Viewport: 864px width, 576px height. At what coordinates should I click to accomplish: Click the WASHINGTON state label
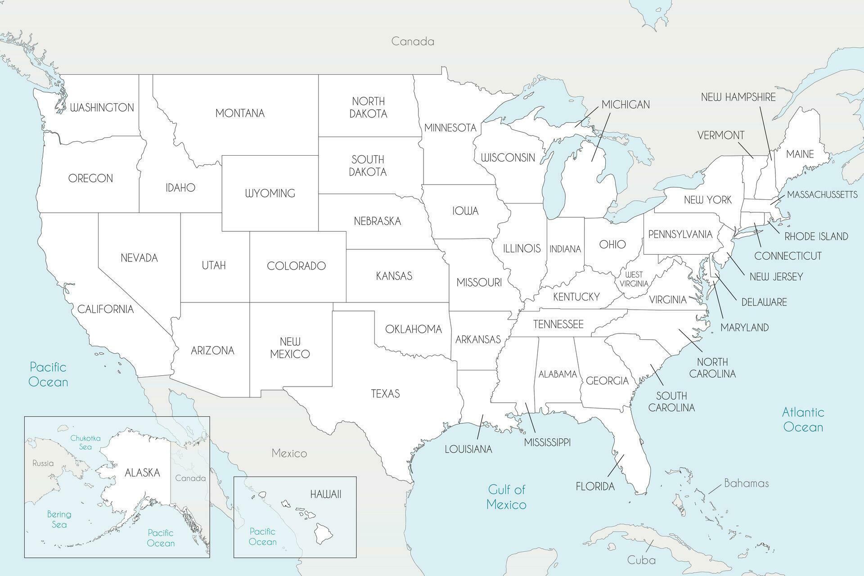pyautogui.click(x=102, y=108)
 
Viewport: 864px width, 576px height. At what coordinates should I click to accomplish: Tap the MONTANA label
pyautogui.click(x=240, y=113)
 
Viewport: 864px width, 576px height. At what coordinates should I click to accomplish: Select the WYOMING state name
pyautogui.click(x=270, y=193)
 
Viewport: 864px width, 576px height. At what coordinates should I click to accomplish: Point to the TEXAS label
pyautogui.click(x=385, y=394)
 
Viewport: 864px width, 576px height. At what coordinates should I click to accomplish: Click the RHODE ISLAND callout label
pyautogui.click(x=816, y=236)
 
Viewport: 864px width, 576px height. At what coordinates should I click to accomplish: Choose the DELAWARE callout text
pyautogui.click(x=764, y=302)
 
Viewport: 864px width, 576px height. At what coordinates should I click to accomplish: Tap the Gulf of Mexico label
pyautogui.click(x=507, y=497)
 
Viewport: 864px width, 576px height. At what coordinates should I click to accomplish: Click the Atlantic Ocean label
pyautogui.click(x=803, y=419)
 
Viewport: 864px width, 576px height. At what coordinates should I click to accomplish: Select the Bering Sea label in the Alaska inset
pyautogui.click(x=59, y=519)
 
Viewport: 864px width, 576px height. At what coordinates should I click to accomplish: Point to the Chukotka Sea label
pyautogui.click(x=85, y=442)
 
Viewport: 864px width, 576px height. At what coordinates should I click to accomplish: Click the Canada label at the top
pyautogui.click(x=413, y=41)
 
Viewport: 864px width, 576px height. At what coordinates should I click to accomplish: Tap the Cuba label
pyautogui.click(x=641, y=560)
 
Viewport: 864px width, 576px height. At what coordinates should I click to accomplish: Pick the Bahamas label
pyautogui.click(x=746, y=483)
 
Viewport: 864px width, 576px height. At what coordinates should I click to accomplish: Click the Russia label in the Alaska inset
pyautogui.click(x=43, y=463)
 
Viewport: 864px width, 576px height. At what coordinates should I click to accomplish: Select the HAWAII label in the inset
pyautogui.click(x=326, y=494)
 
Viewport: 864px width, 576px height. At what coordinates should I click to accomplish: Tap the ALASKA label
pyautogui.click(x=142, y=472)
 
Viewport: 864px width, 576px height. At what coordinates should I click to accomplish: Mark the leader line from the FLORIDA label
pyautogui.click(x=616, y=465)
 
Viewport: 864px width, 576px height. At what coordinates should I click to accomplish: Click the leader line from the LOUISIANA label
pyautogui.click(x=480, y=426)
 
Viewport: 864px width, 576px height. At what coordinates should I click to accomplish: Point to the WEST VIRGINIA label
pyautogui.click(x=634, y=279)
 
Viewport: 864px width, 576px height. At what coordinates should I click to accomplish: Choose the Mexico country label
pyautogui.click(x=289, y=453)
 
